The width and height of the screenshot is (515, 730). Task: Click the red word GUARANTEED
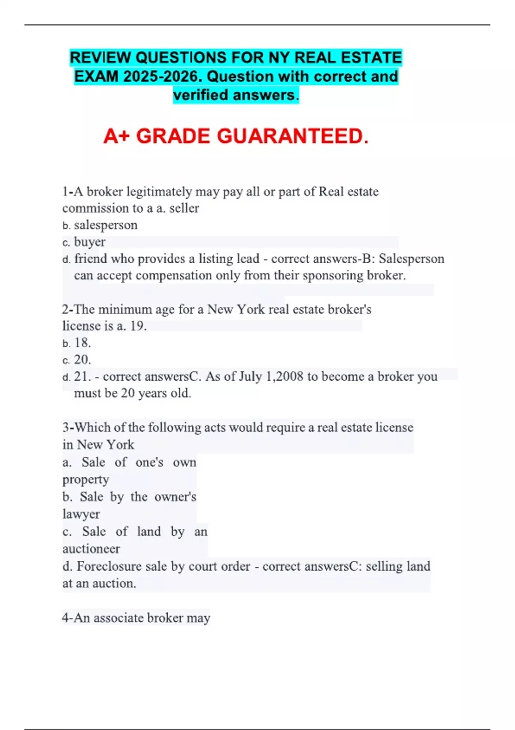(293, 136)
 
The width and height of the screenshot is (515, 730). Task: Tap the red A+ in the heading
(116, 136)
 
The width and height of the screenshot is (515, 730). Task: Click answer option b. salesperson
(106, 225)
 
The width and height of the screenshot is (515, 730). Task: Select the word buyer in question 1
(90, 242)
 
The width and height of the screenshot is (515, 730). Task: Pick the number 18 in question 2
(82, 343)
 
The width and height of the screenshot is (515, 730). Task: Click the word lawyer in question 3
(81, 514)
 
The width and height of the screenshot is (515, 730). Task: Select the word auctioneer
(91, 549)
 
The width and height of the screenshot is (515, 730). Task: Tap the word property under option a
(85, 479)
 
